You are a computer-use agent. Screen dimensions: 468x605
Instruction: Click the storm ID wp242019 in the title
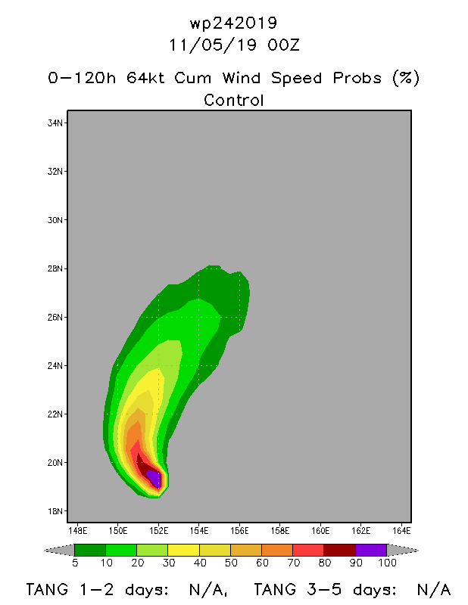233,23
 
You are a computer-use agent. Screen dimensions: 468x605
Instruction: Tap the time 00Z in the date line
283,45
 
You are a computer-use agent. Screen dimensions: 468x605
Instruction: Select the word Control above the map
233,101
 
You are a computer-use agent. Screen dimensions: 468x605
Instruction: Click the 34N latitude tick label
55,123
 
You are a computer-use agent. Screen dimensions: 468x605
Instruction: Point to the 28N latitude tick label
55,268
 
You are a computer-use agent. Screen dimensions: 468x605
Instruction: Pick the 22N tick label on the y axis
55,414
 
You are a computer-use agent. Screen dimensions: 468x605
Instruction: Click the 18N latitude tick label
55,511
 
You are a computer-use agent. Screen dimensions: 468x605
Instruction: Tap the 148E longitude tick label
78,531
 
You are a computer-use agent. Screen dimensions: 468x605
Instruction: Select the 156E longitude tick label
239,531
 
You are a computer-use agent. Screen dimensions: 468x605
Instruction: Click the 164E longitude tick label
401,531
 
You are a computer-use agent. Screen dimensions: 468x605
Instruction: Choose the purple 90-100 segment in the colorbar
371,550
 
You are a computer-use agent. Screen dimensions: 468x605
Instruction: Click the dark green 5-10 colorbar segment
90,550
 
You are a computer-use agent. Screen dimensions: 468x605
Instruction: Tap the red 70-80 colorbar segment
308,550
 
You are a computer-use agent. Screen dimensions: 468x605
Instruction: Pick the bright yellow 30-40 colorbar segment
183,550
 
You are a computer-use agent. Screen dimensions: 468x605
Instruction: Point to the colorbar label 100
387,563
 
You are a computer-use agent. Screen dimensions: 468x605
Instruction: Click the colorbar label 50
231,563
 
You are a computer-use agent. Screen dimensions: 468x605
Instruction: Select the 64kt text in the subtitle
145,79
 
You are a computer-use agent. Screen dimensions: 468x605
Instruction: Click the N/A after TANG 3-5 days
435,590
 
